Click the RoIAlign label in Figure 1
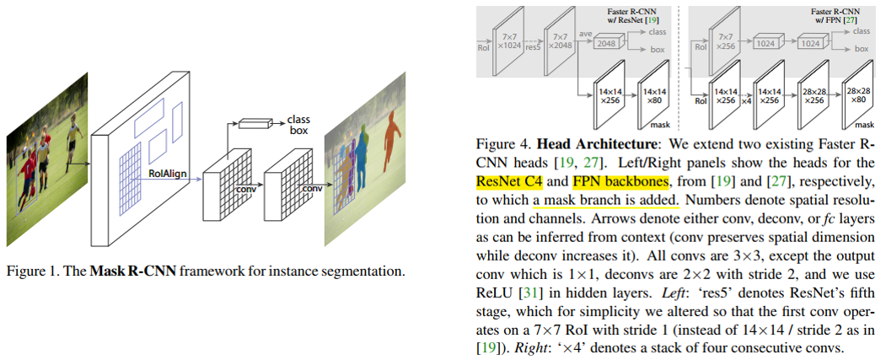tap(167, 173)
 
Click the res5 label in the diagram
tap(533, 48)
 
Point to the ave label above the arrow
tap(585, 29)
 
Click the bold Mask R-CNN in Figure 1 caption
tap(126, 271)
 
